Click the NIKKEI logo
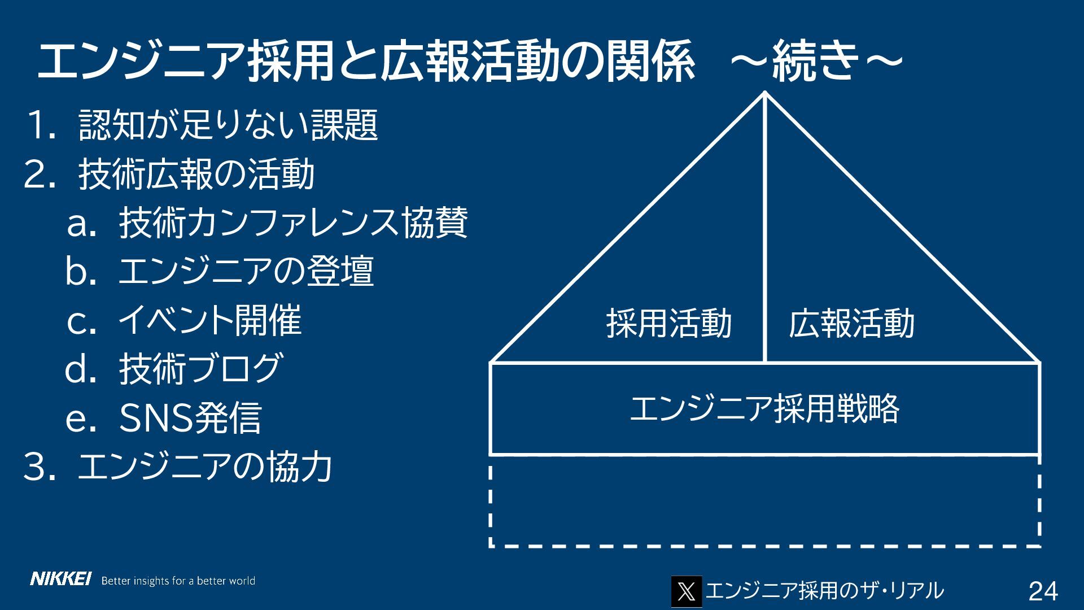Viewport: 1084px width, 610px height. click(60, 579)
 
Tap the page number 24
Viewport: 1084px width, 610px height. click(1043, 591)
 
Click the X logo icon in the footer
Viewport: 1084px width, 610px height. click(686, 591)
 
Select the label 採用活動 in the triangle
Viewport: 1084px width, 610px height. click(668, 323)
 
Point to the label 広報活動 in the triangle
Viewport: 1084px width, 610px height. click(851, 323)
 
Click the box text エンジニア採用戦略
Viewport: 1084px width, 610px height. click(764, 408)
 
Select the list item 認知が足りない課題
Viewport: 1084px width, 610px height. click(228, 125)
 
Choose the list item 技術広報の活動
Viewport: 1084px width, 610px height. click(196, 175)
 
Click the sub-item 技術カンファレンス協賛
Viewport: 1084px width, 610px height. click(293, 223)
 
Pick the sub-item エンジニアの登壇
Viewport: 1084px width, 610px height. click(246, 272)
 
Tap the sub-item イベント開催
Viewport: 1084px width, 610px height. click(209, 320)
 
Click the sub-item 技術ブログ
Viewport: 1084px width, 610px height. click(200, 369)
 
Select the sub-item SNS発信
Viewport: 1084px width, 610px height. click(190, 418)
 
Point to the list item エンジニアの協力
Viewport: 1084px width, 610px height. click(204, 467)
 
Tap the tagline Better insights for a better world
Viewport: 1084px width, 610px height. click(178, 581)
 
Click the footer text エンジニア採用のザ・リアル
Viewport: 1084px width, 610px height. click(824, 591)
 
